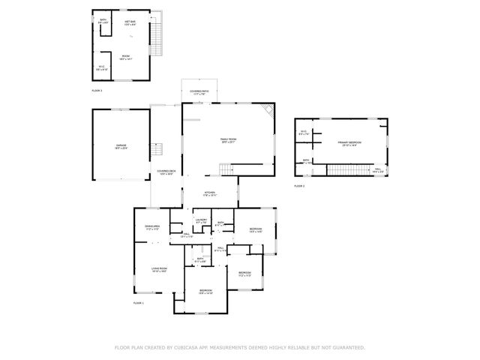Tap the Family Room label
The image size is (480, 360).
(228, 140)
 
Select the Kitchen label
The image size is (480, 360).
(210, 193)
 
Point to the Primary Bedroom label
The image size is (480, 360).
(349, 142)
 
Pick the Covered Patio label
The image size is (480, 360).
(199, 91)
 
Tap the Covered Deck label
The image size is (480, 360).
(166, 172)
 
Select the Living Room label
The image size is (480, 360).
(160, 268)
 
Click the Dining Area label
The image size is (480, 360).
(152, 226)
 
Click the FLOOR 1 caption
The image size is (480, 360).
(138, 303)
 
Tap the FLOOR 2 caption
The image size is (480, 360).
(299, 185)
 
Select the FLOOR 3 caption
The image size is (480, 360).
(97, 91)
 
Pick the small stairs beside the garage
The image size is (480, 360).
(157, 149)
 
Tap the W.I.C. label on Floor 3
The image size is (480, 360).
(102, 67)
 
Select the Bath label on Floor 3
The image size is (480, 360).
(103, 21)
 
